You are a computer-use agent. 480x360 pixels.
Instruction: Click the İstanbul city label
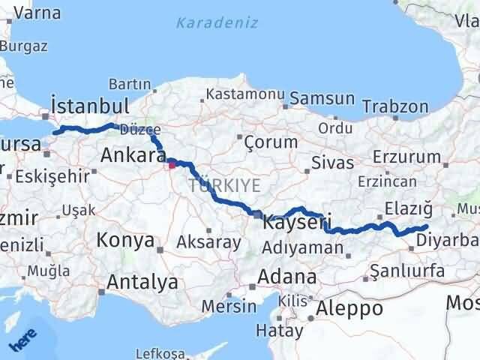point(89,105)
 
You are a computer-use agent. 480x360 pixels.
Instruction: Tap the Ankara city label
point(133,156)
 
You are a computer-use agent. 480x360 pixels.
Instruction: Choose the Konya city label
point(125,241)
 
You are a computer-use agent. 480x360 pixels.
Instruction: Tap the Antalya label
point(142,282)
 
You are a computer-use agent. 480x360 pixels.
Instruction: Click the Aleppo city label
point(349,308)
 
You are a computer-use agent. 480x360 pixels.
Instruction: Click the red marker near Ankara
point(172,161)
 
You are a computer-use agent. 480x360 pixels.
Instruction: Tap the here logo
point(22,342)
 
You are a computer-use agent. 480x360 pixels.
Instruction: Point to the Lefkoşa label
point(160,353)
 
